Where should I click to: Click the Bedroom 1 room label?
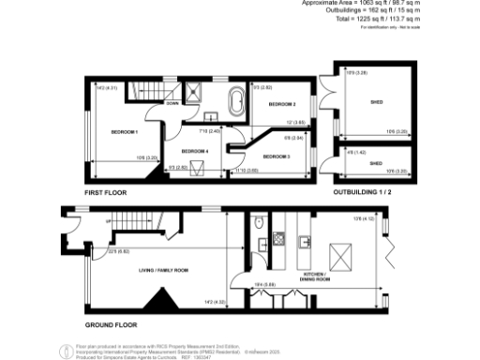[x=124, y=131]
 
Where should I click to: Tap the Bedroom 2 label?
[x=281, y=104]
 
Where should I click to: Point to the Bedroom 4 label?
[x=195, y=150]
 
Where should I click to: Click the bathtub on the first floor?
[x=233, y=101]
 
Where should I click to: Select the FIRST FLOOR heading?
[x=105, y=191]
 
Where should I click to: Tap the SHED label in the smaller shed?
[x=376, y=162]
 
